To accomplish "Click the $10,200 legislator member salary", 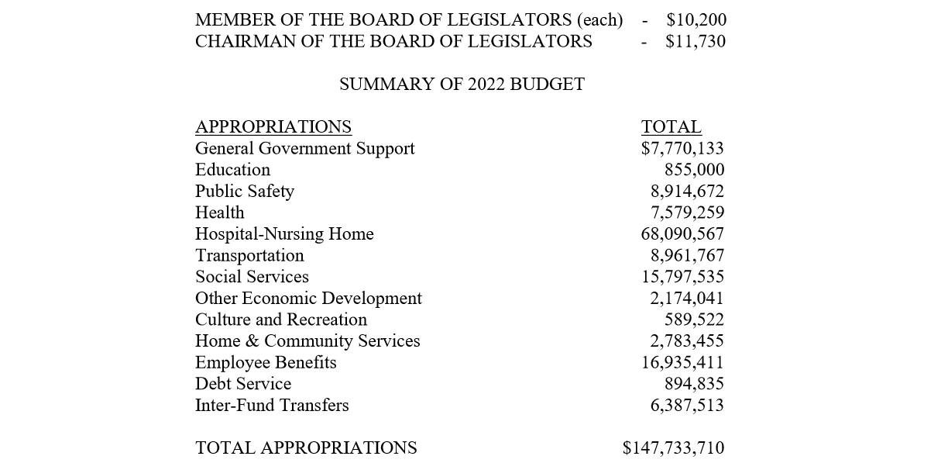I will (696, 20).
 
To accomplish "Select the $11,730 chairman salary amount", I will (696, 41).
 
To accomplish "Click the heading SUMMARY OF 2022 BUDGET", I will (462, 85).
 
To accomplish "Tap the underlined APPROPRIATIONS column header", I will (273, 127).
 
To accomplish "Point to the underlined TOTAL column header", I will (671, 127).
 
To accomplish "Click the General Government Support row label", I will (304, 148).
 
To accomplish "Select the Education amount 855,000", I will (694, 170).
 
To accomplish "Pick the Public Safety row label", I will (245, 192).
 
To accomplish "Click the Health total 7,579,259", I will (687, 212).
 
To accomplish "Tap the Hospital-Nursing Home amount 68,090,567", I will (682, 234).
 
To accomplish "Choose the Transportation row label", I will (249, 256).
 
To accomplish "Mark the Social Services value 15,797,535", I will (682, 277).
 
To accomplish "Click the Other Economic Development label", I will (308, 299).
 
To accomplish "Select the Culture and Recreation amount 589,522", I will (694, 320).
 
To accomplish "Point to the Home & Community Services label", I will (307, 341).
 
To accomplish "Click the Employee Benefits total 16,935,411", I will (682, 362).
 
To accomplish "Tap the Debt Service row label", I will (243, 384).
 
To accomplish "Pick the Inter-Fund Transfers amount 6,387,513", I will (687, 405).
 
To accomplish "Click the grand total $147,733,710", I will (673, 448).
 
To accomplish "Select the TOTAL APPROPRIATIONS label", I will (306, 448).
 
